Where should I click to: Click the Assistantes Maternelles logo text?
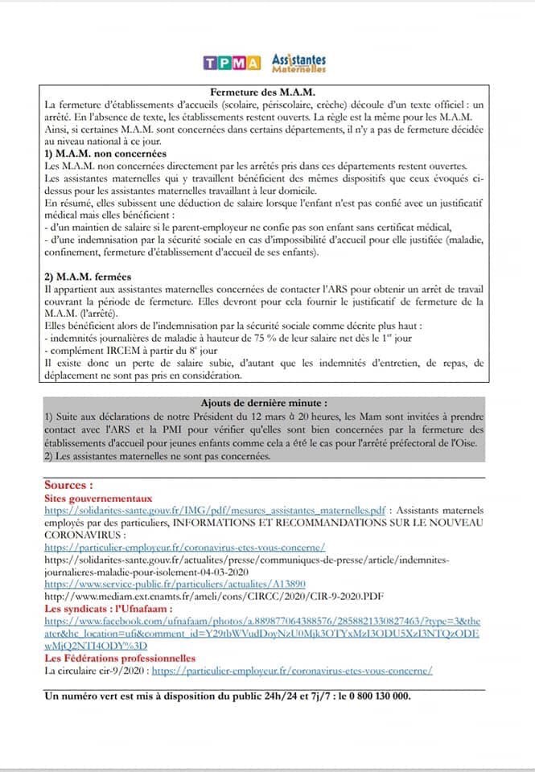(299, 63)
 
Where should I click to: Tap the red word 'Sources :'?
(69, 486)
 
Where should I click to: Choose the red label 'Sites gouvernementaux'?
(98, 499)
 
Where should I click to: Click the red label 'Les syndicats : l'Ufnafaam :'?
(104, 610)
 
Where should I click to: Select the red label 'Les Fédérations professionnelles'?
(121, 658)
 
